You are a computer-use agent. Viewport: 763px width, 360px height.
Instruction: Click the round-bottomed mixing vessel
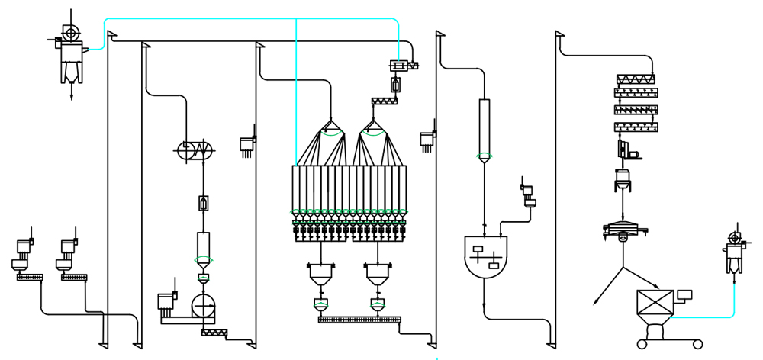(486, 256)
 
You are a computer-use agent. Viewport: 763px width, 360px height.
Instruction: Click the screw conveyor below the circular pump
(218, 333)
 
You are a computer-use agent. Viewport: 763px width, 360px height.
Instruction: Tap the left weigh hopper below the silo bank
(321, 274)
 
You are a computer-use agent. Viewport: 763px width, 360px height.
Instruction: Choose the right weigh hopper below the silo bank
(378, 274)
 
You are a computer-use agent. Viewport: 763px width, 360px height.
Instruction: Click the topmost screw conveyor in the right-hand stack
(636, 79)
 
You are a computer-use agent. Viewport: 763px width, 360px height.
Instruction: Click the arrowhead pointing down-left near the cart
(596, 303)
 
